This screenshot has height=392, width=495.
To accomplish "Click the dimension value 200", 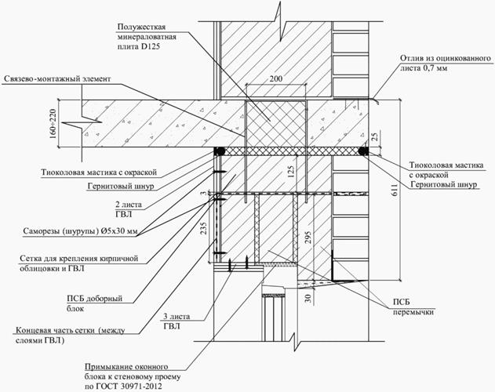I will [x=275, y=80].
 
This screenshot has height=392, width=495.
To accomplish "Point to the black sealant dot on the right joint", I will [x=363, y=150].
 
